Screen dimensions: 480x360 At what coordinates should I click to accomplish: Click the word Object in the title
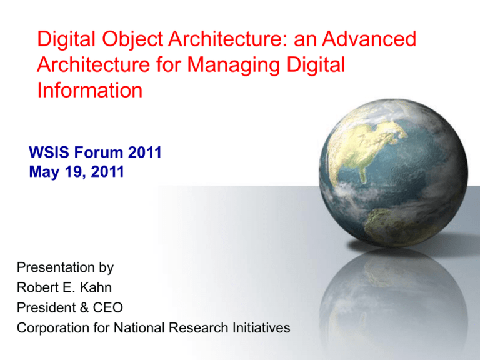[x=132, y=40]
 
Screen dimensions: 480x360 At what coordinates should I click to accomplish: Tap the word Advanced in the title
[x=369, y=39]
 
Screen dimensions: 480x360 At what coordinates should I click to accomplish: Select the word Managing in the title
[x=234, y=65]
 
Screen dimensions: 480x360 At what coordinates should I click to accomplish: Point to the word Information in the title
[x=90, y=90]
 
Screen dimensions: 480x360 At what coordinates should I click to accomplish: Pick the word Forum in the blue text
[x=99, y=152]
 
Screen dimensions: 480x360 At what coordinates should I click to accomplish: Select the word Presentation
[x=56, y=267]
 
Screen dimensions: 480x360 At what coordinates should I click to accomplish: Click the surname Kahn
[x=96, y=287]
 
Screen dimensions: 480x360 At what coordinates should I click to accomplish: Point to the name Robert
[x=34, y=287]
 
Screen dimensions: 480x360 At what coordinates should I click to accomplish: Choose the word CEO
[x=107, y=307]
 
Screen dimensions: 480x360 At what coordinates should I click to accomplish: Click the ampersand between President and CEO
[x=84, y=307]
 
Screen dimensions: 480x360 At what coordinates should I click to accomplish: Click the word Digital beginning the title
[x=66, y=39]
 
